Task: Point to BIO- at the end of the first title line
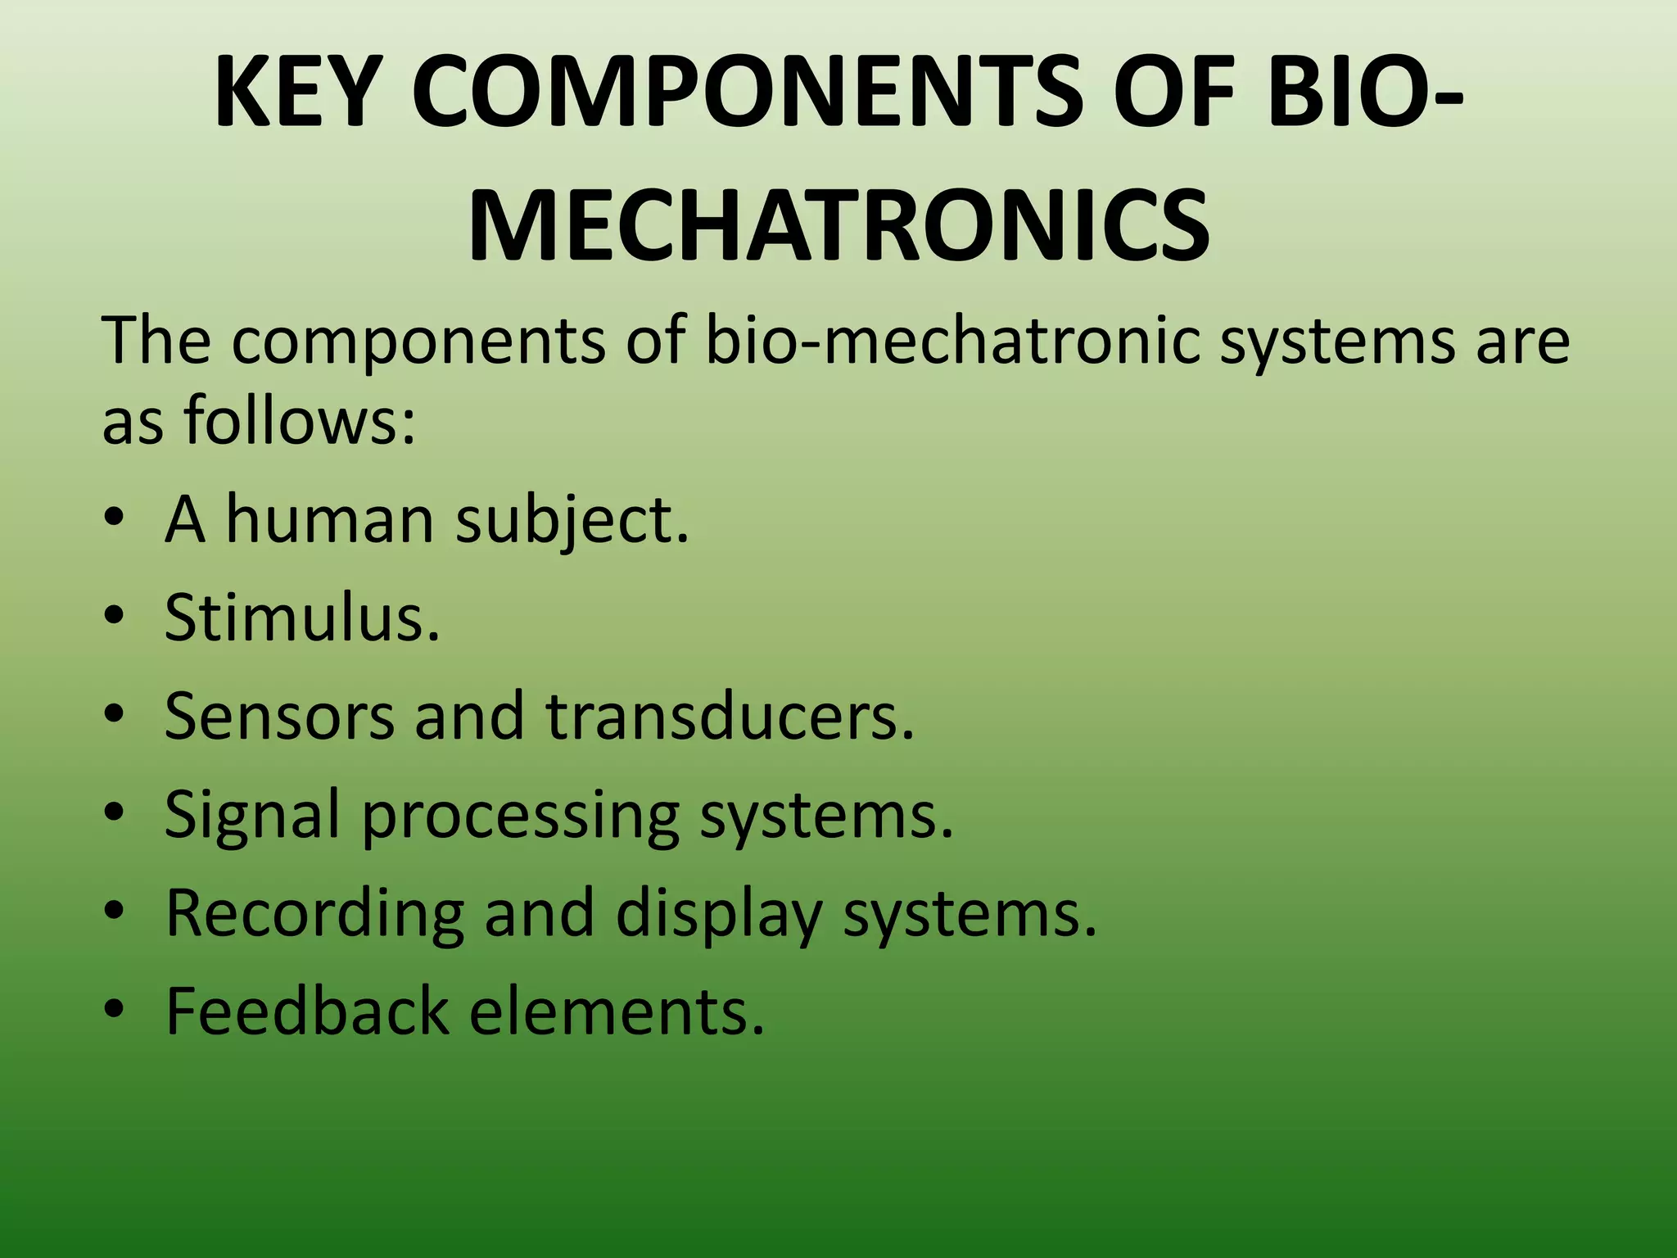coord(1367,92)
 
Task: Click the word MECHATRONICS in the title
coord(838,225)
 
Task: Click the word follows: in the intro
coord(300,420)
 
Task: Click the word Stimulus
coord(302,618)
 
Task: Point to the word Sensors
coord(279,716)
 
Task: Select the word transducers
coord(730,716)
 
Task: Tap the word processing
coord(521,816)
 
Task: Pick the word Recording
coord(314,912)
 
